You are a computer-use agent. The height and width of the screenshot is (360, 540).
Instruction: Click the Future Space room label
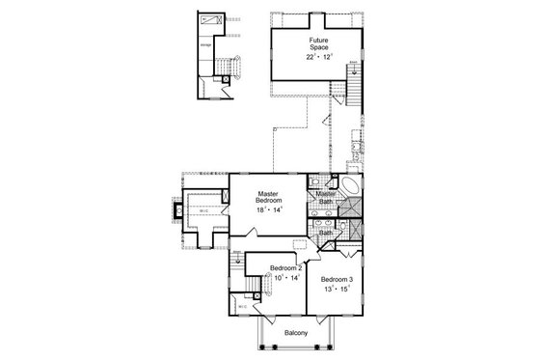pyautogui.click(x=318, y=43)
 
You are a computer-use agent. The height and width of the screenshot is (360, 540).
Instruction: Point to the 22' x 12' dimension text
pyautogui.click(x=318, y=58)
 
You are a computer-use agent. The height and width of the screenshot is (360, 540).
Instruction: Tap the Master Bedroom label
pyautogui.click(x=267, y=197)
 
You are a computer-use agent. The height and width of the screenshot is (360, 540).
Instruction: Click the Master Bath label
pyautogui.click(x=326, y=198)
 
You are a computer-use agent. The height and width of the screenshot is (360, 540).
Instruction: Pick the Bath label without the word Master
pyautogui.click(x=326, y=232)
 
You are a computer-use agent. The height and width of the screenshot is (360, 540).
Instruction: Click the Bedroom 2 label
pyautogui.click(x=286, y=267)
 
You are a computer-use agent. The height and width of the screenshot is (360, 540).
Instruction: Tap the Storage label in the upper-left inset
pyautogui.click(x=205, y=43)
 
